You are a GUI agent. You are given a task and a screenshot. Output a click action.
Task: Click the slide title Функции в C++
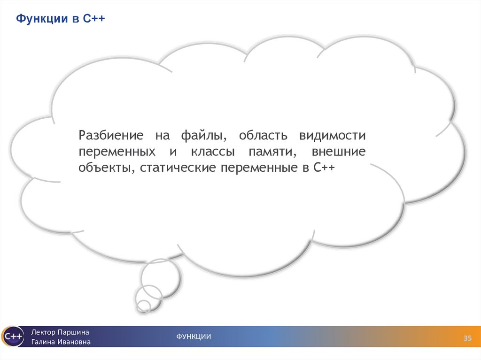click(61, 20)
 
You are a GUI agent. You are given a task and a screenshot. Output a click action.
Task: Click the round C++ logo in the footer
click(12, 336)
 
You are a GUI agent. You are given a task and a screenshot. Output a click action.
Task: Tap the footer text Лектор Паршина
click(60, 332)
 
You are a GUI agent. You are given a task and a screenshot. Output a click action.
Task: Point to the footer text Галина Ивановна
click(61, 342)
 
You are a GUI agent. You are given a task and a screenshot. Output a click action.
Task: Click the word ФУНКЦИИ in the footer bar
click(194, 336)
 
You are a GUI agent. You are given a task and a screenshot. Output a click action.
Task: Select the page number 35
click(467, 338)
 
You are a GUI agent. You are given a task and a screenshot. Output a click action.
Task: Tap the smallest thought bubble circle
click(143, 306)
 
